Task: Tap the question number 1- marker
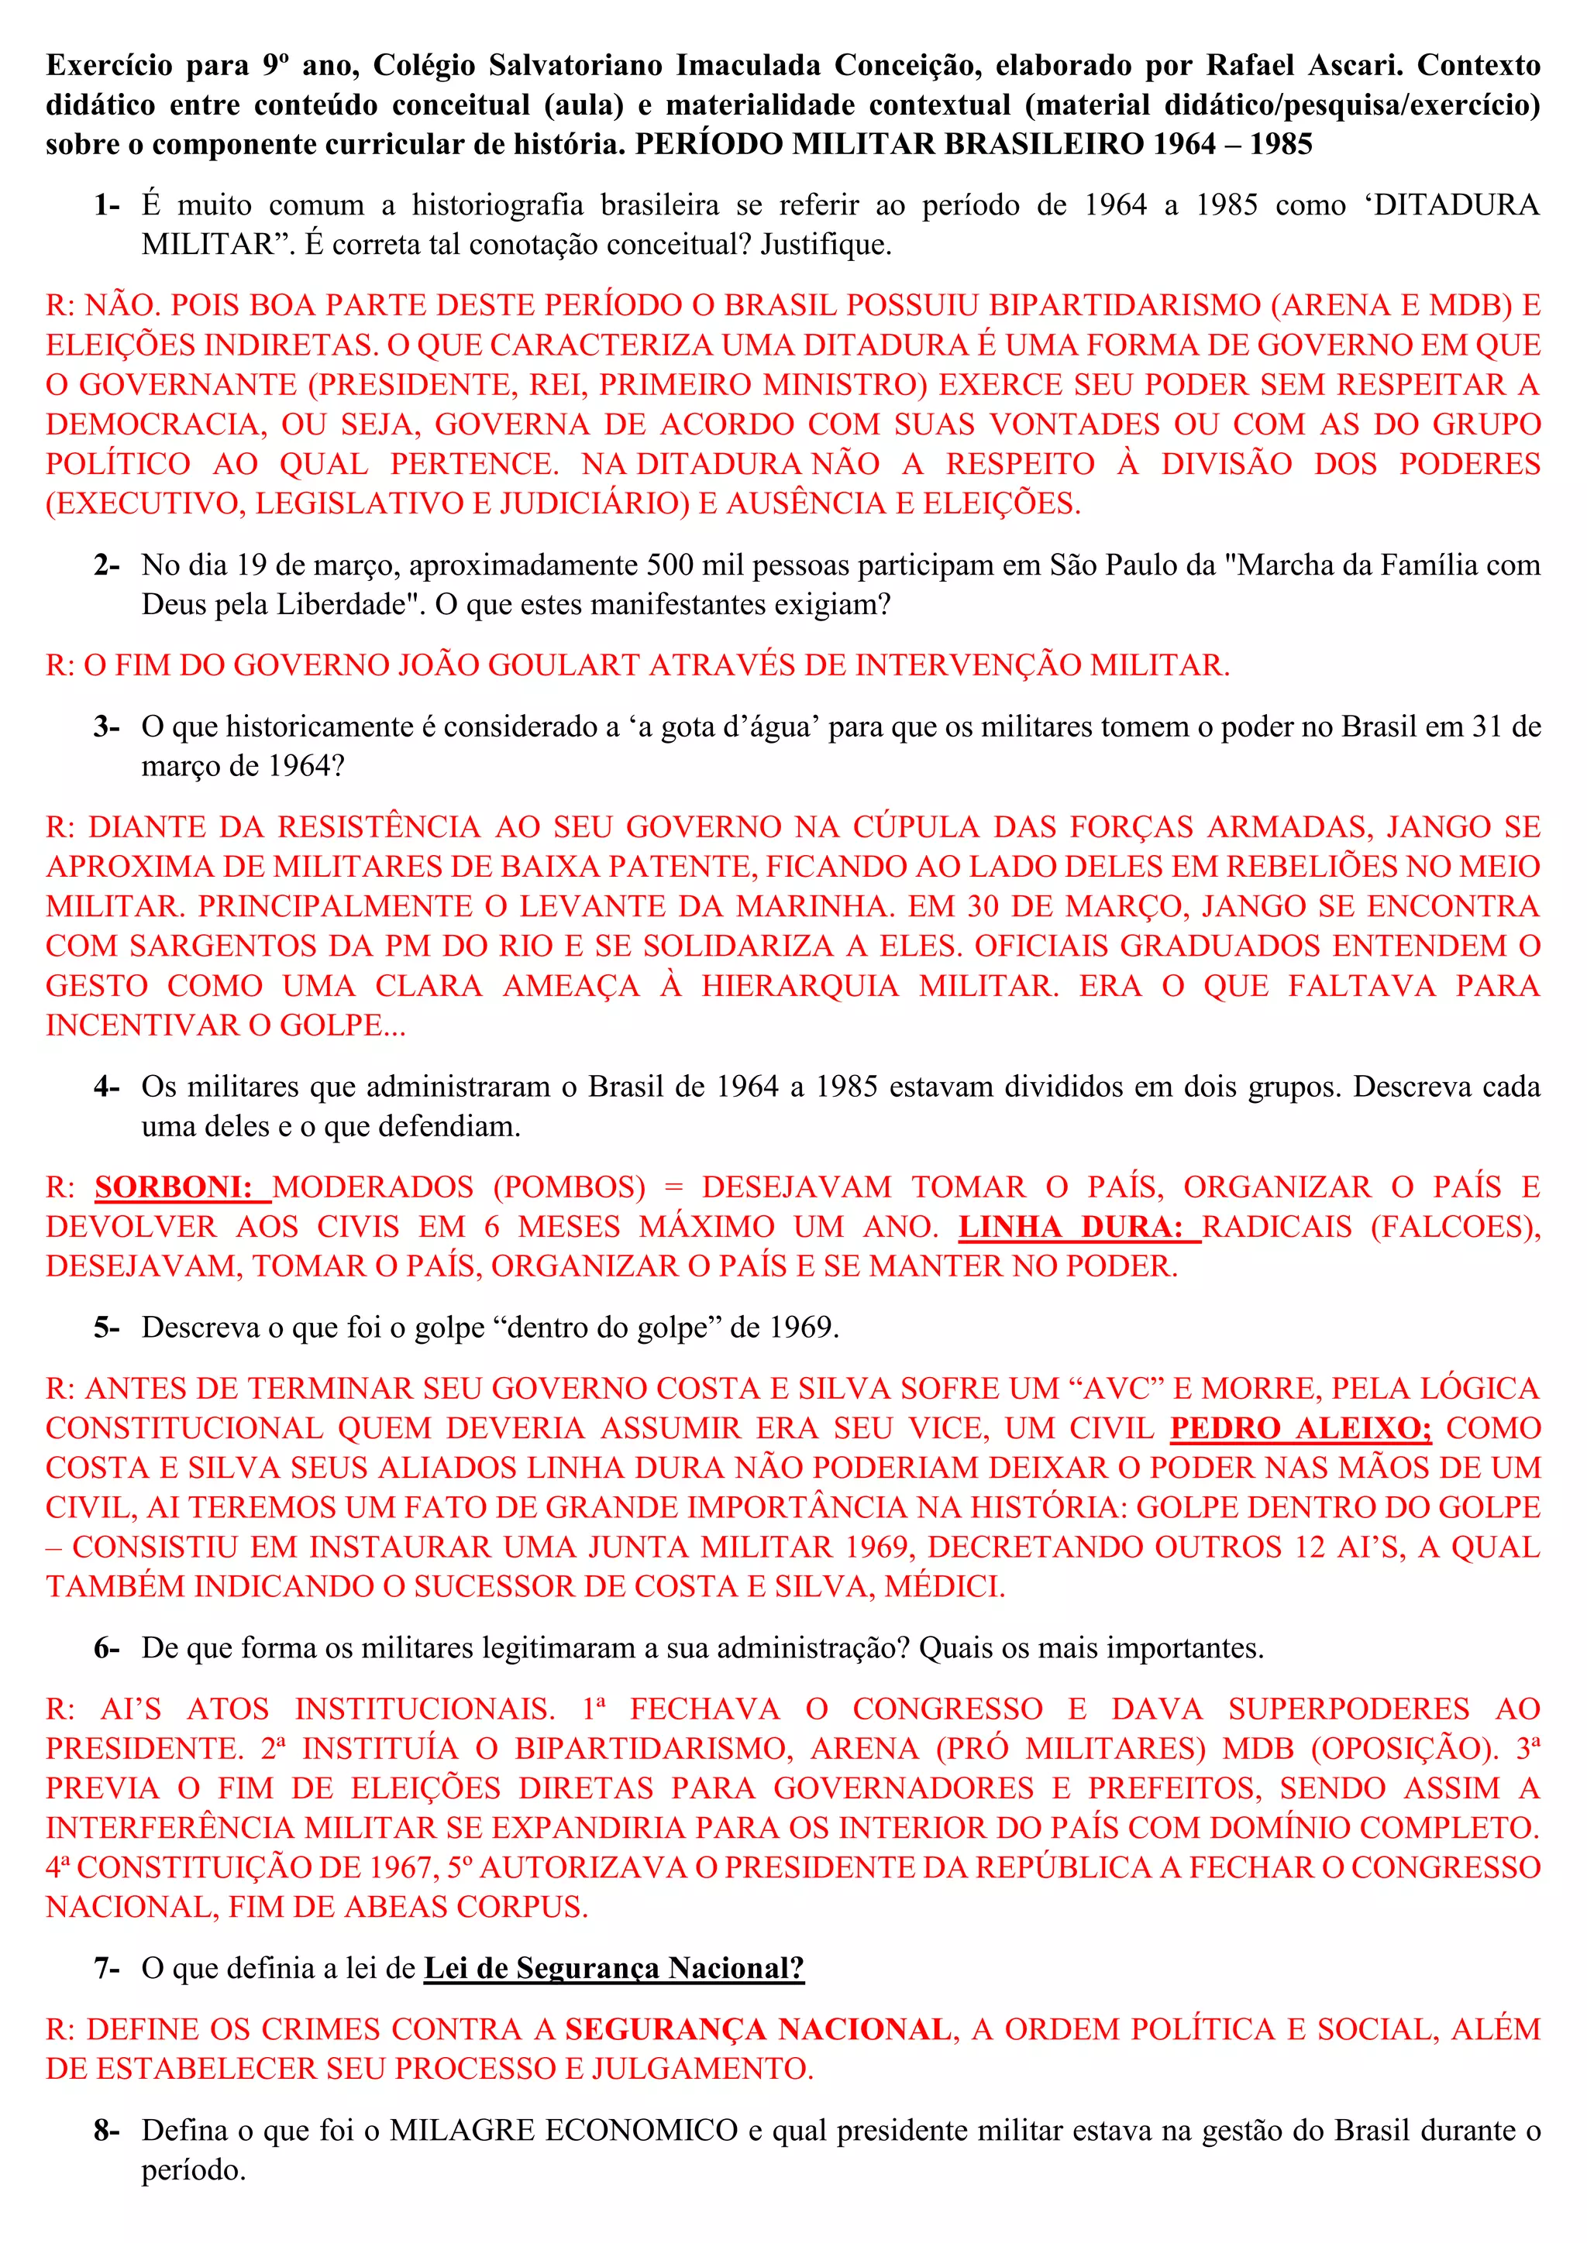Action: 106,205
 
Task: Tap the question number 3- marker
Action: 106,726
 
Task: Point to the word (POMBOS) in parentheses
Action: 570,1188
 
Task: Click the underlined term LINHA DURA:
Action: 1079,1228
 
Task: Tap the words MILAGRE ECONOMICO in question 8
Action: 564,2131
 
